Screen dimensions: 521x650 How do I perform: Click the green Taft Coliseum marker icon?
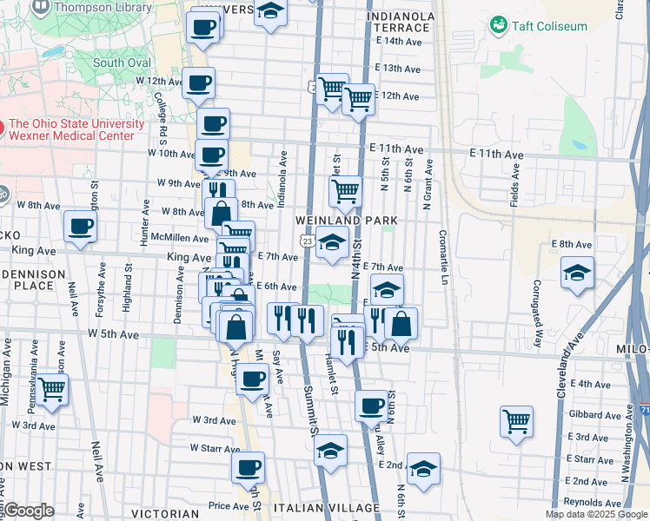[x=499, y=25]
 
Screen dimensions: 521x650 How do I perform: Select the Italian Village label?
[x=326, y=507]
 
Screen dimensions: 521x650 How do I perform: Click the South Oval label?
[x=122, y=63]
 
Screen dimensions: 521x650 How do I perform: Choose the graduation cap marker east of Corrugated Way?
[x=578, y=274]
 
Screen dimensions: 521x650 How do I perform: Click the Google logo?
[x=29, y=510]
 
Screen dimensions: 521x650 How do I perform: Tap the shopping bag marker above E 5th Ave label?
[x=401, y=325]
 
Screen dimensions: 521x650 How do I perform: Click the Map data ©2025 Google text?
[x=595, y=514]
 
